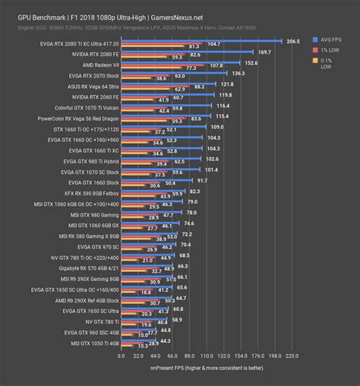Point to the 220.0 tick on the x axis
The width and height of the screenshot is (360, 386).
(x=291, y=356)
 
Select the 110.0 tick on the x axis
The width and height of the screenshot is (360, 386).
(x=207, y=356)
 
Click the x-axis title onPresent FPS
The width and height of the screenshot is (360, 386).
(x=207, y=368)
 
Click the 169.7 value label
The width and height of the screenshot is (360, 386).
(x=264, y=51)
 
